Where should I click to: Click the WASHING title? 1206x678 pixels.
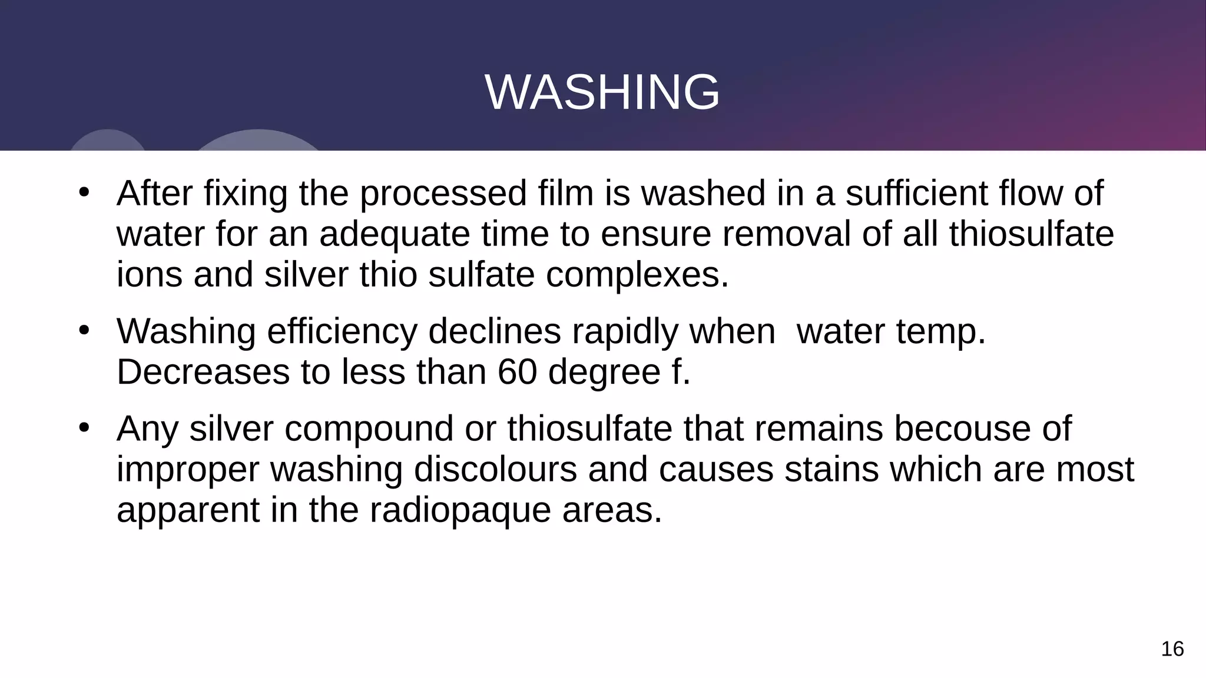(x=602, y=92)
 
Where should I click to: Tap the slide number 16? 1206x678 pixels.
(x=1172, y=649)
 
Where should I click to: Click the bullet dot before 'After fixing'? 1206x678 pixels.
(x=84, y=192)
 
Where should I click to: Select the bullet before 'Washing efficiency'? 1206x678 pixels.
(x=84, y=330)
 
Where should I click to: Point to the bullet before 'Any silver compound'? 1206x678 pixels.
(x=84, y=427)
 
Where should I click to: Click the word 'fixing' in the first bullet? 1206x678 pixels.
(x=246, y=194)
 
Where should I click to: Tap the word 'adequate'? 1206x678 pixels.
(x=395, y=234)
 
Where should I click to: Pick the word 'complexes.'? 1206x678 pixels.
(x=637, y=275)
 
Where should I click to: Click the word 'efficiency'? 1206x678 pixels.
(x=342, y=331)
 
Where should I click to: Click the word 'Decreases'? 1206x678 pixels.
(x=203, y=372)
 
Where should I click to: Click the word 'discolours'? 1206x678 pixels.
(x=495, y=469)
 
